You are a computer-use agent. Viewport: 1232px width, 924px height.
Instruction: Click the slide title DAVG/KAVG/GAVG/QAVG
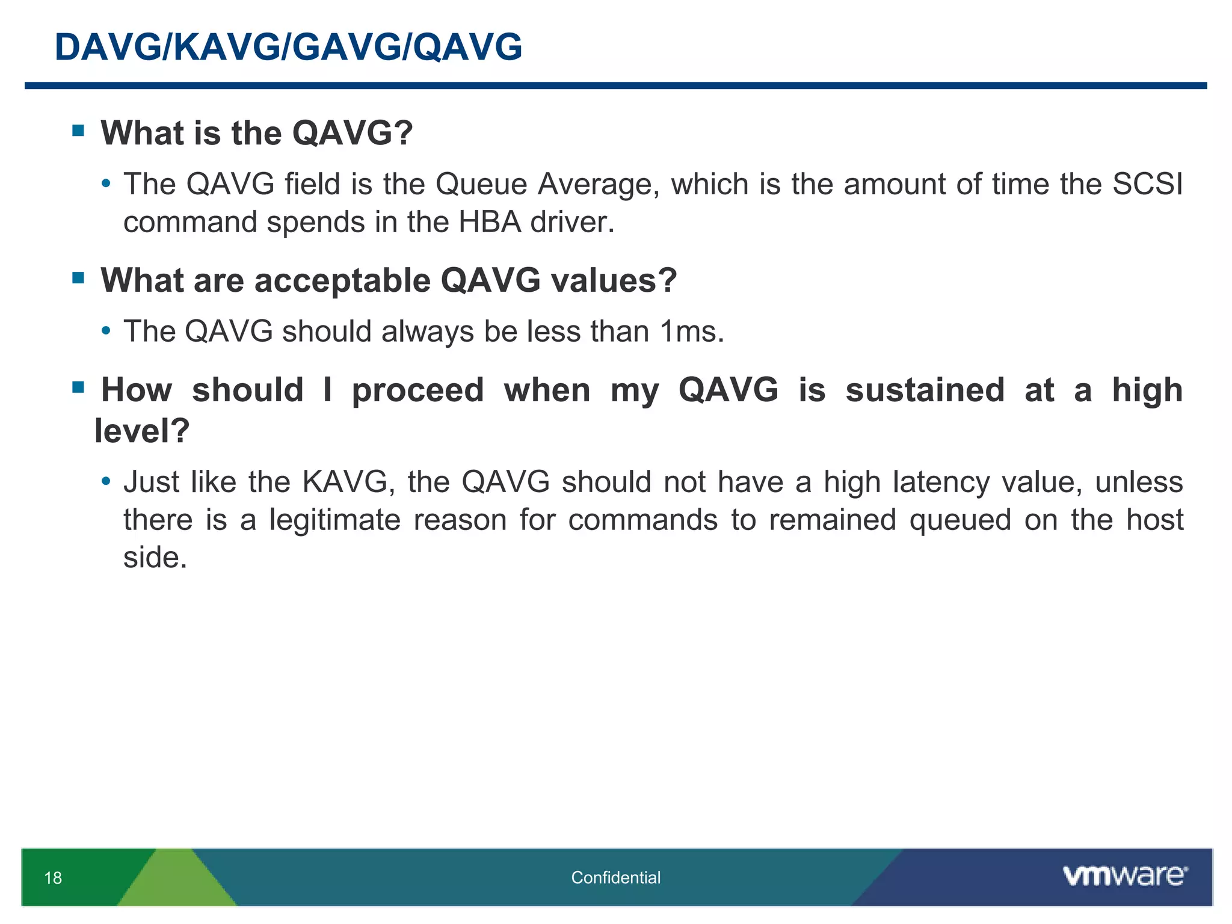288,47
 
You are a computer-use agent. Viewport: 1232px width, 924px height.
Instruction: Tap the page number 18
53,878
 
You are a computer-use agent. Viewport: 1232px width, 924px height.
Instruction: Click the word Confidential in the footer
615,878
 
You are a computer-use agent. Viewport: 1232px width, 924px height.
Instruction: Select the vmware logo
1124,876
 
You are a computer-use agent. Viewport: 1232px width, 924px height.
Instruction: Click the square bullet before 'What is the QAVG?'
78,131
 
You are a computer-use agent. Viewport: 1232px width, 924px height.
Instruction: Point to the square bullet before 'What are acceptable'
78,278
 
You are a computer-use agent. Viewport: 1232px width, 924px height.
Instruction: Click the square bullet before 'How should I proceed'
78,387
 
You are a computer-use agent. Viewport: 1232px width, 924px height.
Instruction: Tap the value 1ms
691,331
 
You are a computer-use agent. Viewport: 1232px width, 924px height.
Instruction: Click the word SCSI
1147,184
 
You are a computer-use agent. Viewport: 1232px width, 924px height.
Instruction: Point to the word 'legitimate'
334,520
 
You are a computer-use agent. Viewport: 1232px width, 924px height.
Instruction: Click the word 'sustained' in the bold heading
925,390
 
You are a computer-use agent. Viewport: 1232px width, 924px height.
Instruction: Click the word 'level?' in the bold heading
142,431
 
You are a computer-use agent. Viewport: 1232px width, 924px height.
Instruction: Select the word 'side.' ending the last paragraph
155,558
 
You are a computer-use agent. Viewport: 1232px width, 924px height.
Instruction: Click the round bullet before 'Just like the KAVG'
106,481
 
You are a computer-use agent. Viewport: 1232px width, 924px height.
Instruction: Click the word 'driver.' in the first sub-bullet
572,222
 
